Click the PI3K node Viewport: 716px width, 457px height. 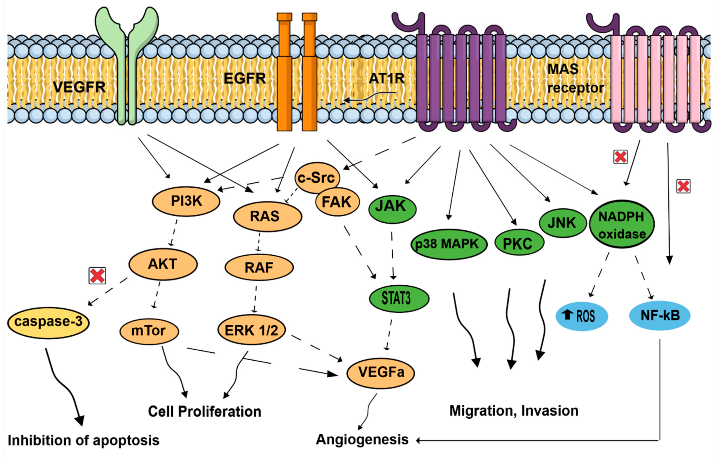(x=186, y=201)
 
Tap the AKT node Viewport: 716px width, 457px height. (x=163, y=264)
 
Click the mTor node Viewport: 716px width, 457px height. (x=149, y=331)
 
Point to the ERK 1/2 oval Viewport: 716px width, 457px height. (x=252, y=330)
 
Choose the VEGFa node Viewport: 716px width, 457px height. (x=381, y=373)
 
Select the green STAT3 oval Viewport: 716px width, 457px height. (x=399, y=298)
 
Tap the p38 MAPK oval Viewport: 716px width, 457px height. (x=449, y=244)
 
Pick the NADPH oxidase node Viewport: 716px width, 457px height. (x=621, y=224)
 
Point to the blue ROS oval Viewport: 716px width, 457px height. (x=581, y=316)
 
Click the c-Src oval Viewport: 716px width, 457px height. (x=317, y=177)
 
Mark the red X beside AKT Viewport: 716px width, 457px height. (x=97, y=275)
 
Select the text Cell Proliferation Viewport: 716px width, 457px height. (x=205, y=412)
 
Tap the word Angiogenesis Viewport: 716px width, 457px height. (x=362, y=440)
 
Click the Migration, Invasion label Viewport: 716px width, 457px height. (x=514, y=411)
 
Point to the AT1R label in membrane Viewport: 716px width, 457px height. (x=386, y=78)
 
